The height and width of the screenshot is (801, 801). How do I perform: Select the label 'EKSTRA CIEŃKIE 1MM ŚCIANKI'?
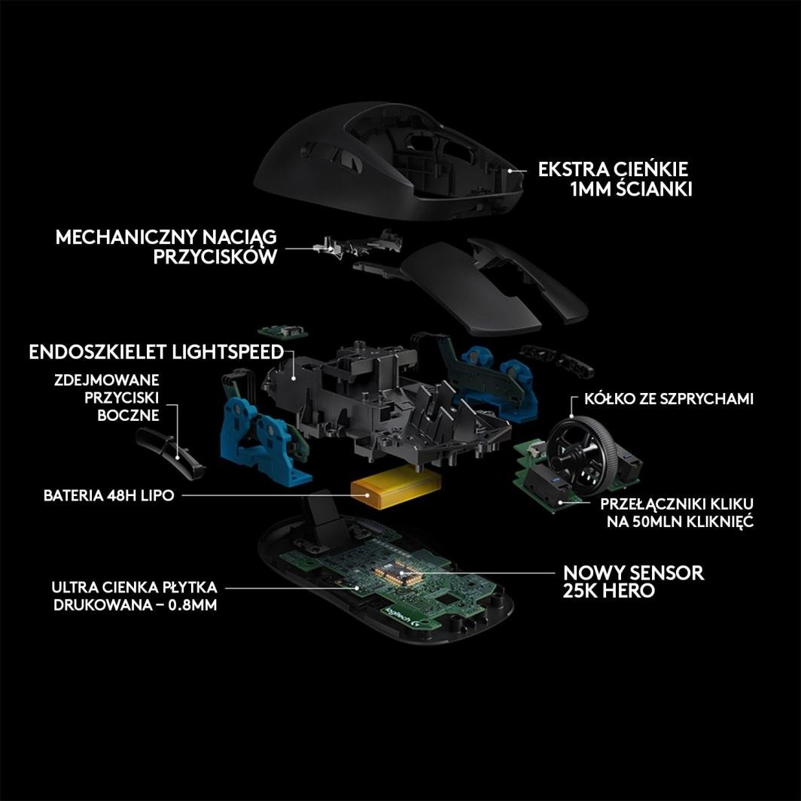click(615, 179)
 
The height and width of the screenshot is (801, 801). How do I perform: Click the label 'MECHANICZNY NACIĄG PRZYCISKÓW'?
click(166, 247)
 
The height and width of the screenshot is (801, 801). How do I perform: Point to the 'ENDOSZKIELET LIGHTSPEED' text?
click(157, 352)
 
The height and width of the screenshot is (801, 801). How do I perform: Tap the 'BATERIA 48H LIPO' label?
click(109, 495)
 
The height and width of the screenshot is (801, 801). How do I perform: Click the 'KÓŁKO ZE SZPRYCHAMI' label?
click(669, 399)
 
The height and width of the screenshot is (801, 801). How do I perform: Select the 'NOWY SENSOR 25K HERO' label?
click(633, 581)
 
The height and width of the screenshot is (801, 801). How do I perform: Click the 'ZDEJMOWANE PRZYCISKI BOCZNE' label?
click(107, 397)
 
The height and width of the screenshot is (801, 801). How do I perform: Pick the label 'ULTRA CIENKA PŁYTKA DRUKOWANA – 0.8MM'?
click(135, 596)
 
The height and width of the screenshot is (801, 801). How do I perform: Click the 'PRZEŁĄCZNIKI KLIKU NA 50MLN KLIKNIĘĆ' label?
click(677, 513)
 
